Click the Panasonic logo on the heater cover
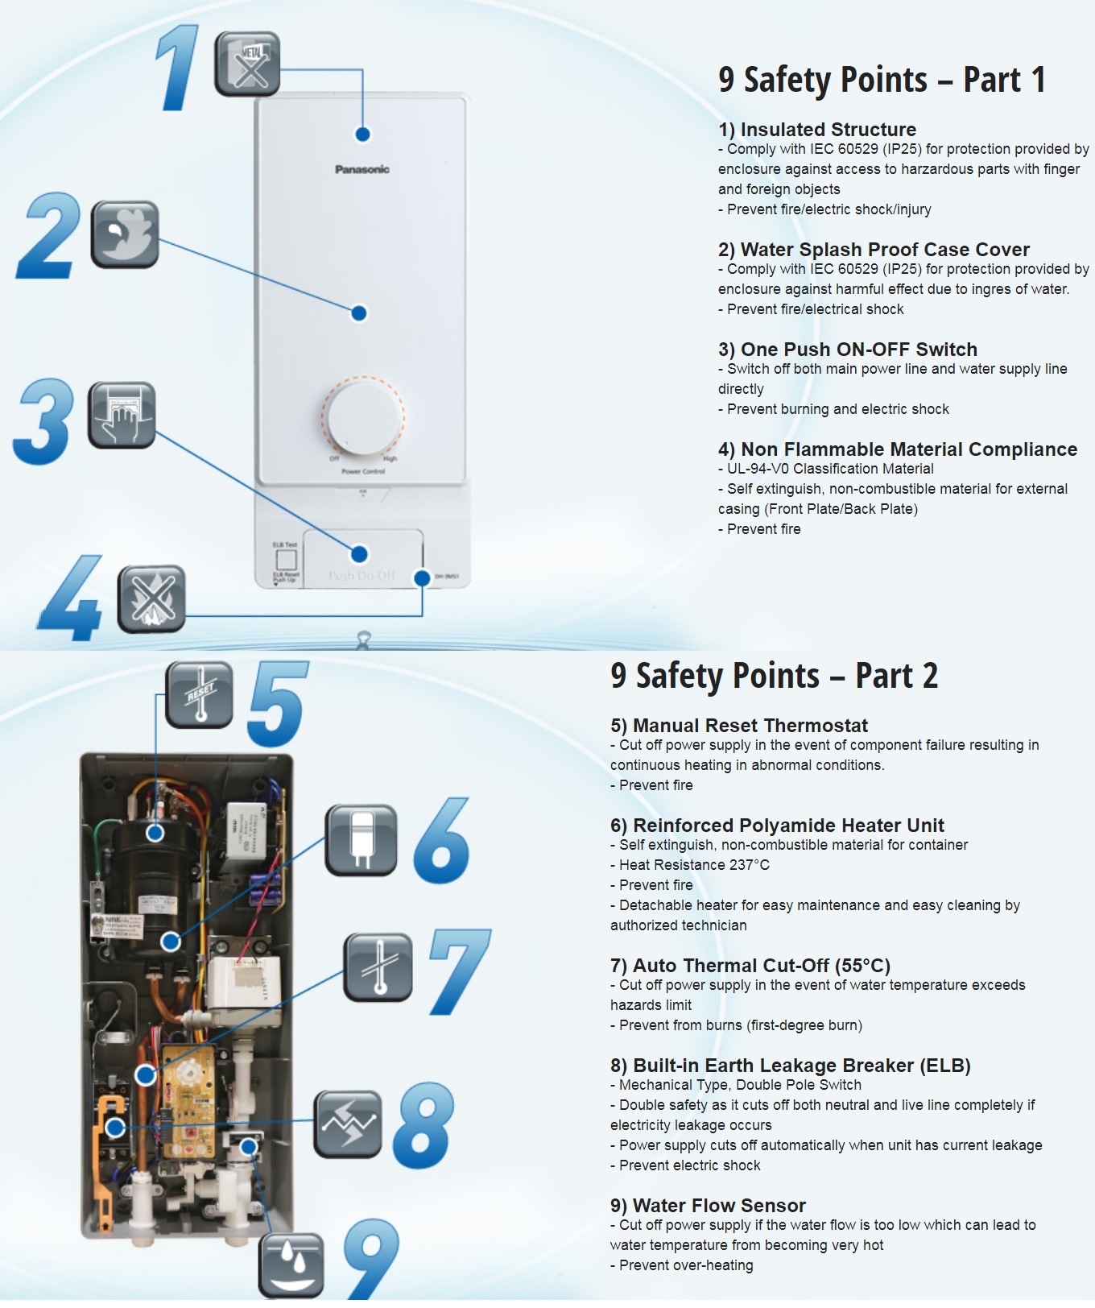[362, 169]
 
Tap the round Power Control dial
[363, 418]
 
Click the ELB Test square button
[286, 560]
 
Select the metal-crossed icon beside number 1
[247, 64]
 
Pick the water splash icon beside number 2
[125, 234]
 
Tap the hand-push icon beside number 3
[122, 415]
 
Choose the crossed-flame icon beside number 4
[151, 598]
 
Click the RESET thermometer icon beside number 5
[200, 694]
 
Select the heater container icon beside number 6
[362, 839]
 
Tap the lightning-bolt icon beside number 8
[348, 1124]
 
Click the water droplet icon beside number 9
[291, 1265]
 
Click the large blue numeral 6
[442, 841]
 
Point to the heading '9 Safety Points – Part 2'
[774, 676]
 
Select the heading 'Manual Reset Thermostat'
[739, 726]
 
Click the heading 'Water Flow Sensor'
[709, 1206]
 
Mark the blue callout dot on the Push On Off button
[360, 553]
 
